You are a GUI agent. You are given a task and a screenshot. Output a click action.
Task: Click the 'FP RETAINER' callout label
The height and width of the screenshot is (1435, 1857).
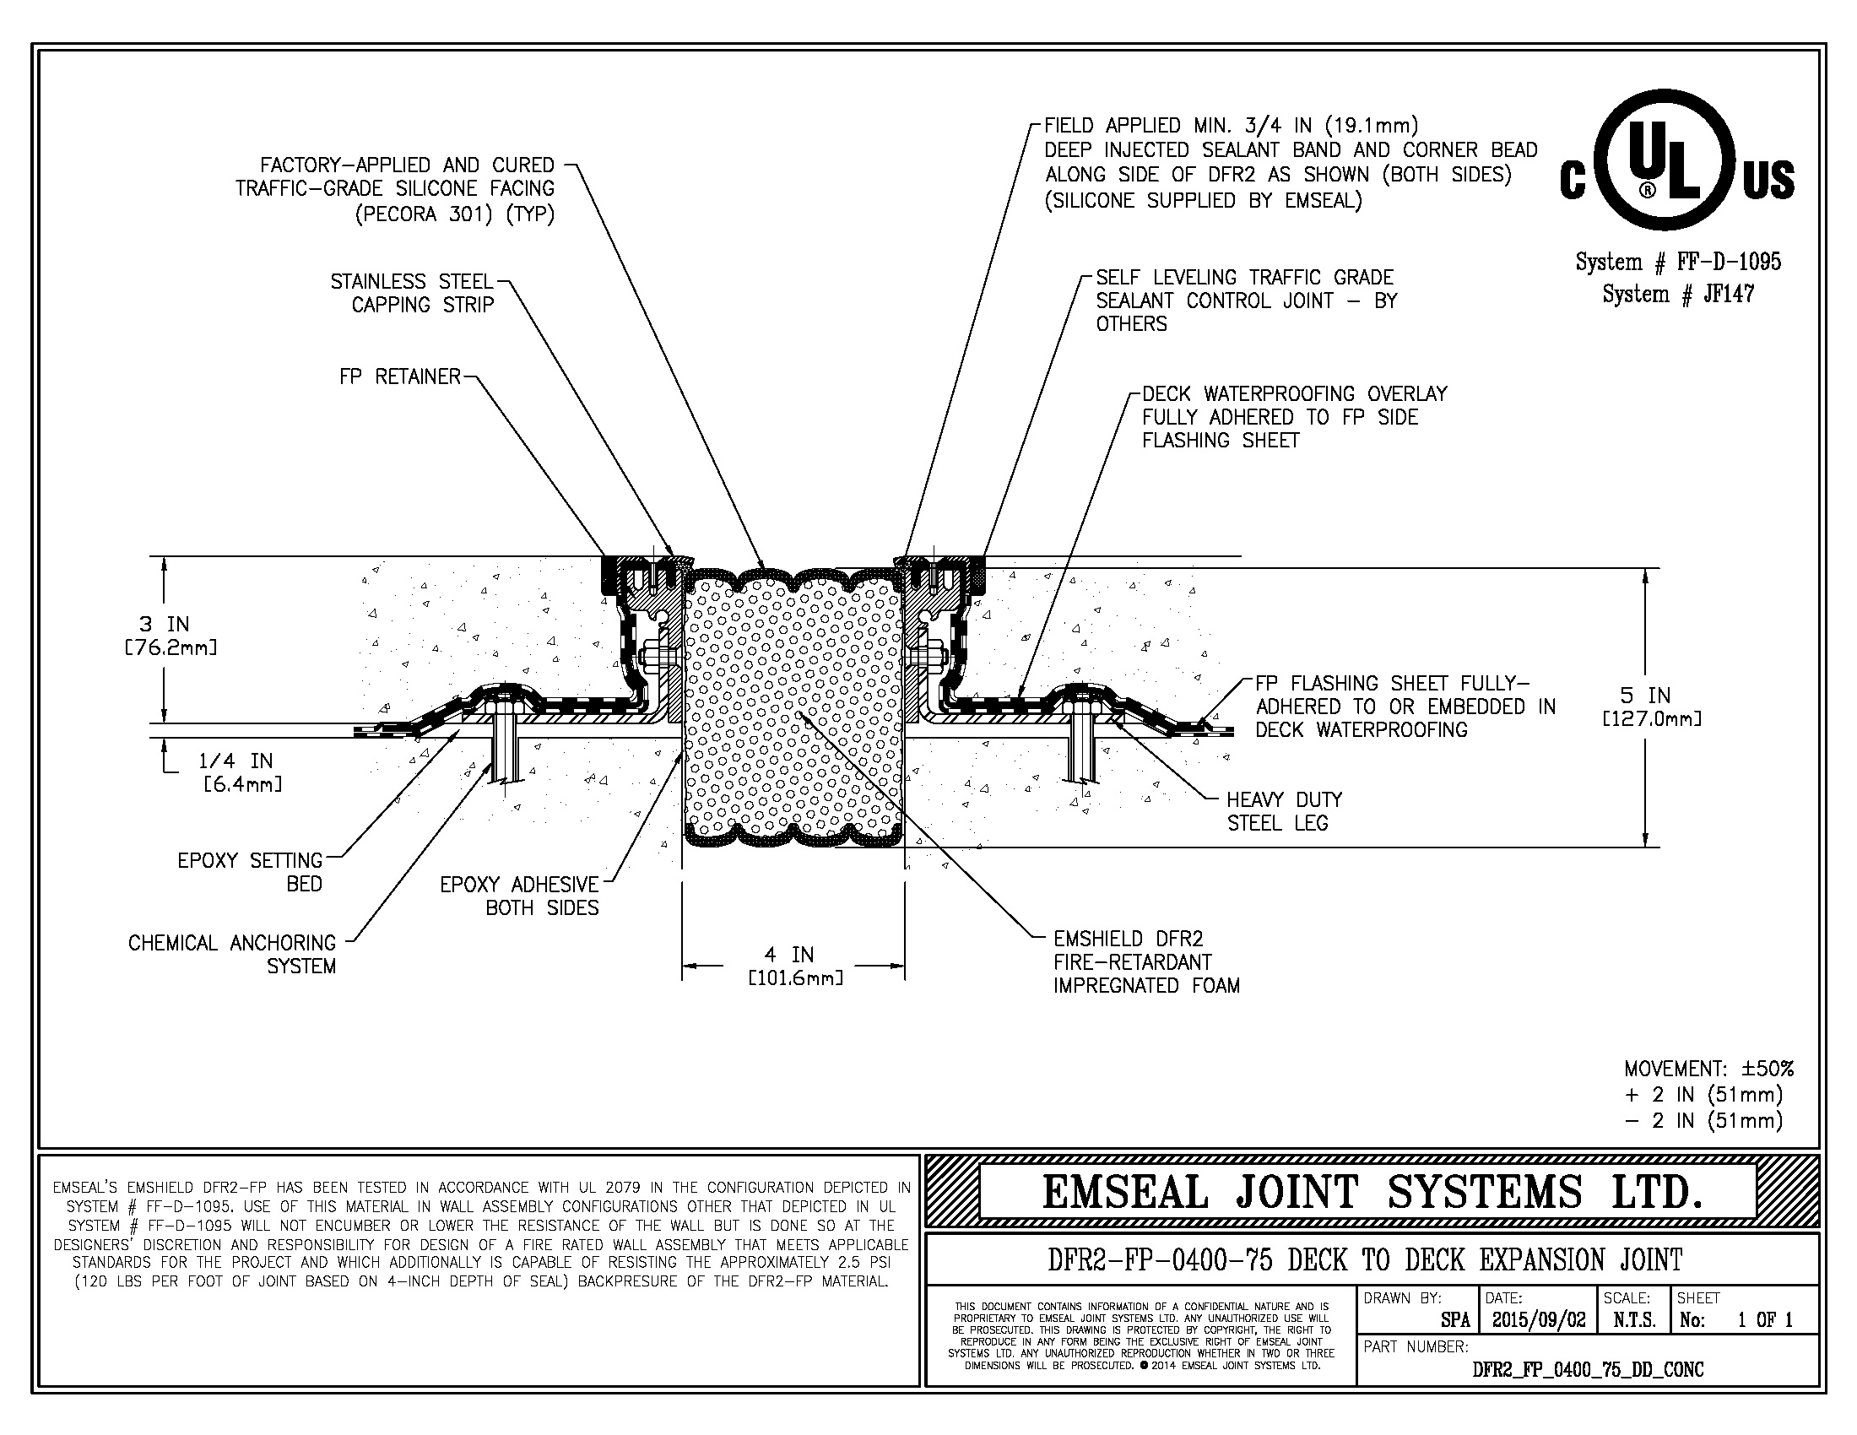click(x=398, y=376)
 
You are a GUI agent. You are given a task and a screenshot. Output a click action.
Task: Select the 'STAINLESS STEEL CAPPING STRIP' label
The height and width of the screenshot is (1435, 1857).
click(x=413, y=293)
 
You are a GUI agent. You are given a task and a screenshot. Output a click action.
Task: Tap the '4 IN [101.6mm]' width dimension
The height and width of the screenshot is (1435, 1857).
click(x=794, y=967)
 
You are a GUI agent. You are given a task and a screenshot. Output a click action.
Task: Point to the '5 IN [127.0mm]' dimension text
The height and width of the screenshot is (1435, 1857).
click(x=1651, y=707)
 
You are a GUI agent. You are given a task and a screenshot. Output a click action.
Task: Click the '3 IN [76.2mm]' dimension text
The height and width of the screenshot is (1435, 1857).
click(x=165, y=636)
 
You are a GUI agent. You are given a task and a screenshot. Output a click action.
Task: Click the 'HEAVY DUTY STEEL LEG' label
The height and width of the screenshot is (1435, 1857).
click(x=1283, y=811)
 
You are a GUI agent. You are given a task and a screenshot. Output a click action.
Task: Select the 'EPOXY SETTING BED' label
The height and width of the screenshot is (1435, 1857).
click(x=250, y=872)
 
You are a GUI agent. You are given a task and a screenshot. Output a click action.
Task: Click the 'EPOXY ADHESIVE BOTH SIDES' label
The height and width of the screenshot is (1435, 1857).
click(x=519, y=896)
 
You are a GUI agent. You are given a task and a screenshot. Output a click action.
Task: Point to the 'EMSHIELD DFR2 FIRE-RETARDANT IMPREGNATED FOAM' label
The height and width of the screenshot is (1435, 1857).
click(x=1145, y=962)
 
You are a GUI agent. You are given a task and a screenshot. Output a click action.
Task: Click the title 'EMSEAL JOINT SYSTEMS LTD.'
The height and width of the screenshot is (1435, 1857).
click(x=1372, y=1192)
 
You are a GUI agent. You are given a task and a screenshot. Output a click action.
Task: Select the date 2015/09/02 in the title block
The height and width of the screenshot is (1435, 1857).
click(x=1538, y=1320)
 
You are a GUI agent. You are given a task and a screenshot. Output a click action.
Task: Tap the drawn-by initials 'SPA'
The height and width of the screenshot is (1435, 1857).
click(x=1456, y=1320)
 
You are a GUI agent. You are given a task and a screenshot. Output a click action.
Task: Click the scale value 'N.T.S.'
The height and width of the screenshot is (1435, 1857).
click(x=1634, y=1320)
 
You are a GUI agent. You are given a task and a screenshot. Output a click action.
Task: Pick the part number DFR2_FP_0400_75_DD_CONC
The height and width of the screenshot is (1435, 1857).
click(x=1588, y=1369)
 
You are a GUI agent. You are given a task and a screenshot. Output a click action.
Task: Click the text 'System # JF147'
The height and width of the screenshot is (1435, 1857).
click(x=1677, y=294)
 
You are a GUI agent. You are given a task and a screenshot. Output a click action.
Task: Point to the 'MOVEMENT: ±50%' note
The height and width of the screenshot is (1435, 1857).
click(x=1708, y=1069)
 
